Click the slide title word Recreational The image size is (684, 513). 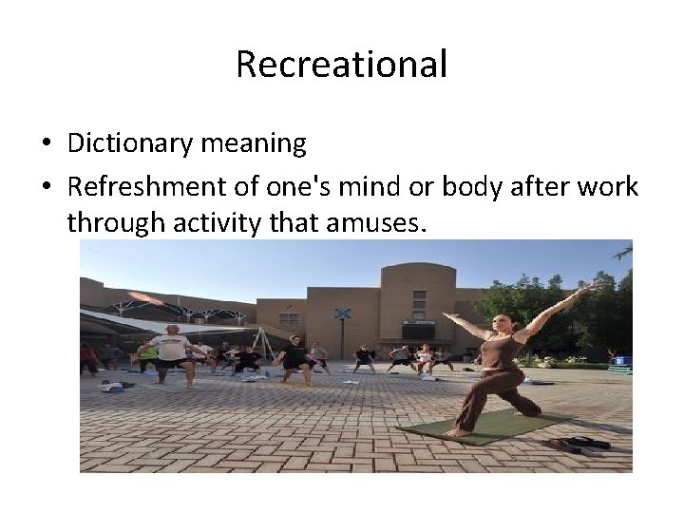[x=341, y=65]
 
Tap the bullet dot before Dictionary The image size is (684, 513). [x=46, y=144]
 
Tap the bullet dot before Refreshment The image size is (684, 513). [x=46, y=187]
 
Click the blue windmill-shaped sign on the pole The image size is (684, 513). [x=342, y=313]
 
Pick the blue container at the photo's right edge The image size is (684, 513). [x=622, y=361]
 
